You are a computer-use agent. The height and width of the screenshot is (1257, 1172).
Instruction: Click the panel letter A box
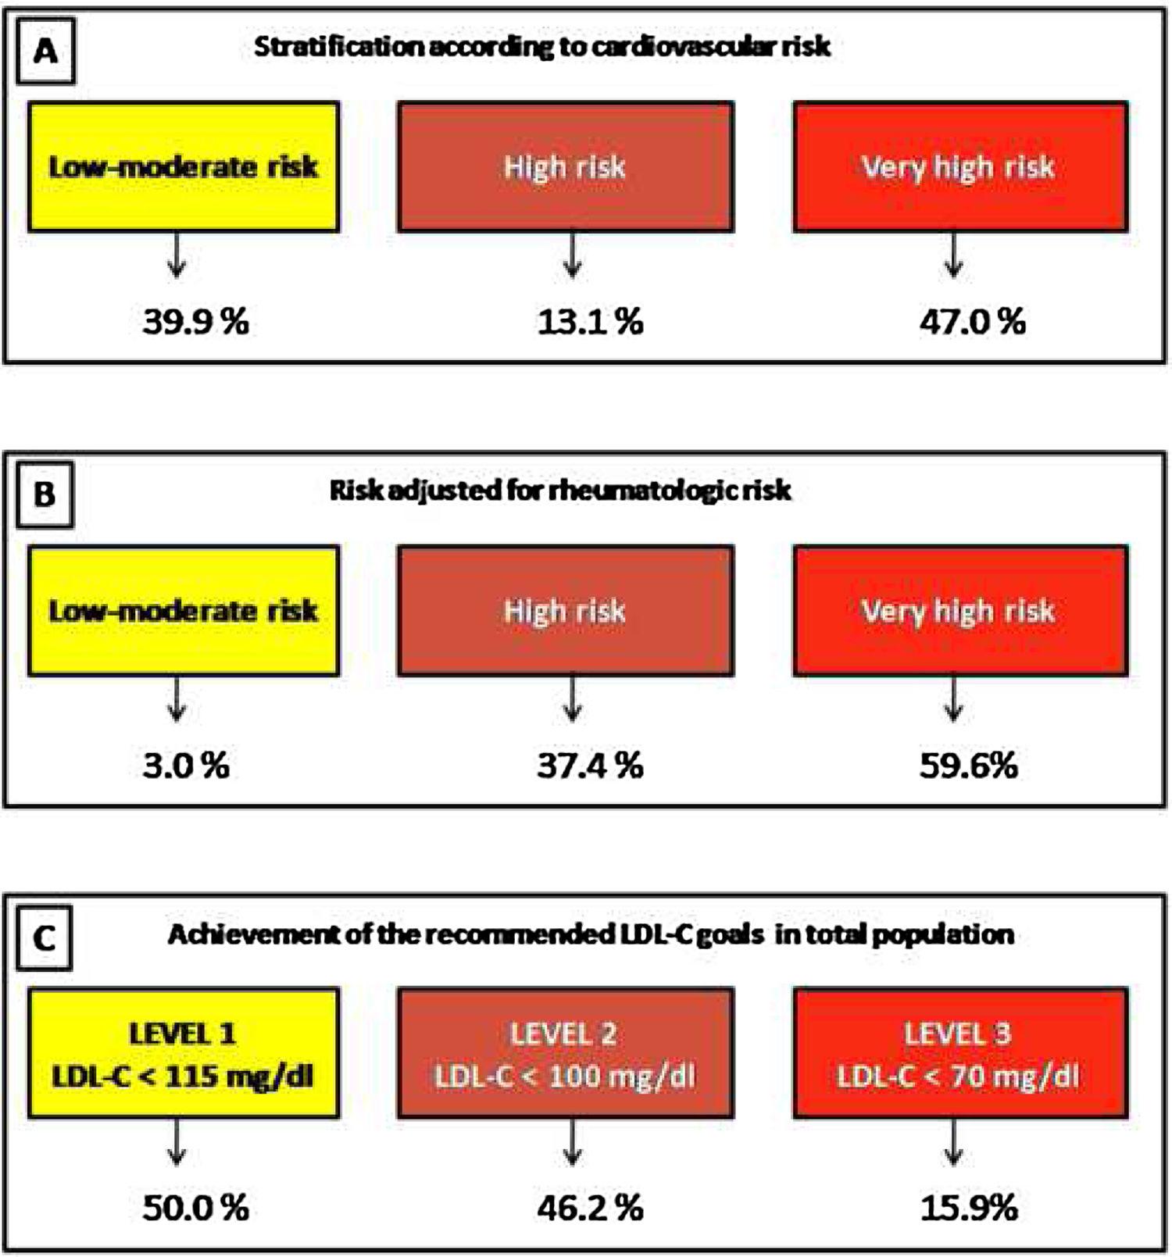45,52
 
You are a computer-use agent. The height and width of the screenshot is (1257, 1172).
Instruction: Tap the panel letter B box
45,495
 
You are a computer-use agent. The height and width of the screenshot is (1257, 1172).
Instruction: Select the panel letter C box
45,937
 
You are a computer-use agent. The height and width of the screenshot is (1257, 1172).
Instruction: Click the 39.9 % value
195,321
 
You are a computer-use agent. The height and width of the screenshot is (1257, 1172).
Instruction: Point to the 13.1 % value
590,321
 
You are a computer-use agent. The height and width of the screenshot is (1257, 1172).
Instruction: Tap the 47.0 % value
972,321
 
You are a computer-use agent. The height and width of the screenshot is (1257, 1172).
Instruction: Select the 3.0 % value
186,765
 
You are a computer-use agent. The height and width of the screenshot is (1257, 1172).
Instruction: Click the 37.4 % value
590,765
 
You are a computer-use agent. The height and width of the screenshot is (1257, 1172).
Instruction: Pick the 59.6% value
968,765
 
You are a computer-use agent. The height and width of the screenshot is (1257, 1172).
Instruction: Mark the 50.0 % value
195,1208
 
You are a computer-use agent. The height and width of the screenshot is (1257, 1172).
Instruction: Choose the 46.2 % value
590,1208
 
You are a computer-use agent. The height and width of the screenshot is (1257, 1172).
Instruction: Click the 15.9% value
968,1208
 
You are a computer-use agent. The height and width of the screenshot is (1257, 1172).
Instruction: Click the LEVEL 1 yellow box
184,1053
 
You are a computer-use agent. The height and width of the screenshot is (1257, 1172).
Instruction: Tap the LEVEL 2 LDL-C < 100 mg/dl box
565,1053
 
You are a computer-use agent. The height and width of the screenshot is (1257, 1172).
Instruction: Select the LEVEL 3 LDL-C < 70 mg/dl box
959,1053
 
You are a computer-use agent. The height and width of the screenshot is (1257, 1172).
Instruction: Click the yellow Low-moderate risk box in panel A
184,166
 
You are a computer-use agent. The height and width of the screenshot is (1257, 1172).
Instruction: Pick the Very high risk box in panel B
959,610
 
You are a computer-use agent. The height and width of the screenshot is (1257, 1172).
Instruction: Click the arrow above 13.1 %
573,255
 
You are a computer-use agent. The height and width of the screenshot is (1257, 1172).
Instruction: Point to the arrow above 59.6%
953,699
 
